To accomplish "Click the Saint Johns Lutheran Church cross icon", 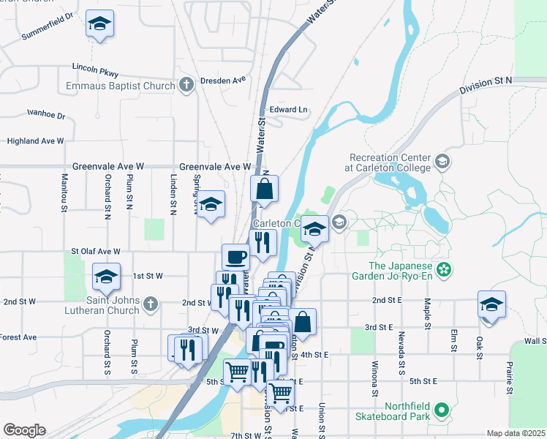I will tap(151, 303).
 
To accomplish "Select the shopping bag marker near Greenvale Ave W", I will tap(265, 189).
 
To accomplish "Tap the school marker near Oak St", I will tap(491, 305).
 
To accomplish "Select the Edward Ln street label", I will tap(289, 110).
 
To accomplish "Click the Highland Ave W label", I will tap(35, 140).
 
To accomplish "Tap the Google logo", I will tap(24, 430).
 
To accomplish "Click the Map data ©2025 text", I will tap(516, 433).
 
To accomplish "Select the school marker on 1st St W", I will tap(106, 278).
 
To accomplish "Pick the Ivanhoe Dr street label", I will tap(46, 115).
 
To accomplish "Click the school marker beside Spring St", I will tap(211, 206).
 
